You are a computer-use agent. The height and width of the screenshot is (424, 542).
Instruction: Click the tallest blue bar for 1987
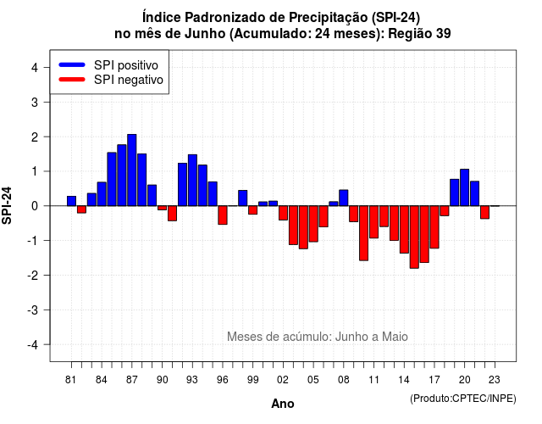point(132,170)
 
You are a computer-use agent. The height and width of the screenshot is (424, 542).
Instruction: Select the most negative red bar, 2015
point(414,237)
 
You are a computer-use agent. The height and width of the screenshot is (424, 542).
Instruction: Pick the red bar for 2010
point(363,233)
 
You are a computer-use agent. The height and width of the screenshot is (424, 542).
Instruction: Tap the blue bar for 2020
point(465,187)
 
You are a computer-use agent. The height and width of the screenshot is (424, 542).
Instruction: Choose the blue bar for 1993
point(192,181)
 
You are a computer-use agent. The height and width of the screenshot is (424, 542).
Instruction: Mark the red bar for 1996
point(223,215)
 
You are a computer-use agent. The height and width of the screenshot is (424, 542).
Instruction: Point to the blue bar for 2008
point(344,198)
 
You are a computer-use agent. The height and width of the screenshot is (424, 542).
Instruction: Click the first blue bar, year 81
point(71,201)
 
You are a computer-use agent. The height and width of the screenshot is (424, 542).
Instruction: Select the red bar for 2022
point(485,212)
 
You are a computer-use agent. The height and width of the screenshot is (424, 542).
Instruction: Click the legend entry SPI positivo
point(126,65)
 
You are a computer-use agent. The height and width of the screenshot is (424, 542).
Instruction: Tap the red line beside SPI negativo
point(72,79)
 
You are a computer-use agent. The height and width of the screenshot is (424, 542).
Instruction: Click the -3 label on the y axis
point(33,310)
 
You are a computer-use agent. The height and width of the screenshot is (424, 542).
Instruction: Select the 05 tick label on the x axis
point(313,380)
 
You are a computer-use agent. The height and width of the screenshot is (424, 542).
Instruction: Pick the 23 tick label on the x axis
point(495,380)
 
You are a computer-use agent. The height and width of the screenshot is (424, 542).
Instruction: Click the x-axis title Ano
point(283,404)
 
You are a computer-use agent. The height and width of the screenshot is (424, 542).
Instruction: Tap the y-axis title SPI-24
point(7,205)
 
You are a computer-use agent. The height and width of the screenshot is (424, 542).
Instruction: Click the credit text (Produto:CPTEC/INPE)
point(463,399)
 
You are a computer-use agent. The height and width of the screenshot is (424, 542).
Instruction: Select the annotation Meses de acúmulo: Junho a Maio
point(318,337)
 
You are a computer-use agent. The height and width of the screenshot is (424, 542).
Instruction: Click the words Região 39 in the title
point(419,34)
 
